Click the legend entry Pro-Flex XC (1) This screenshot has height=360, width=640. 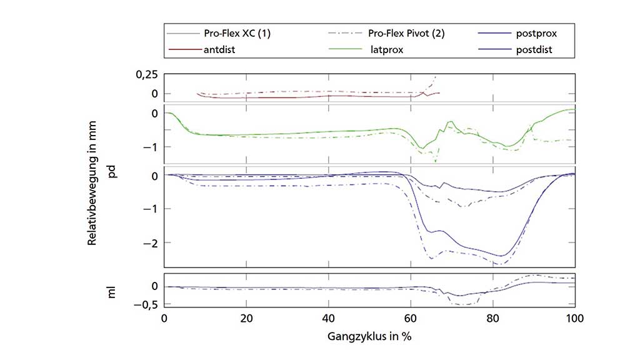[238, 34]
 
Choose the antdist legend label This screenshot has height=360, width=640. [221, 49]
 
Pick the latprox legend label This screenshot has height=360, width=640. [387, 49]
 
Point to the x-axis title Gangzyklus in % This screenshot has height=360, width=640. [369, 336]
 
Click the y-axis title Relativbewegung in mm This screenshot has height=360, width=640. [92, 187]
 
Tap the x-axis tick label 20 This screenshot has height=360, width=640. [247, 317]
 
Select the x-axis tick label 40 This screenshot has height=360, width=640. [329, 317]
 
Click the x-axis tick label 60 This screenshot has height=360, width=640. [411, 317]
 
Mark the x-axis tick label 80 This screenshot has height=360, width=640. [493, 317]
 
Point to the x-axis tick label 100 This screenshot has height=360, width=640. [574, 317]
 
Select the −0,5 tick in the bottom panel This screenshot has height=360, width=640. [144, 304]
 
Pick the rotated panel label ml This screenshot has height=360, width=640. [112, 291]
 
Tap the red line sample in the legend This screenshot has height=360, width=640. [181, 49]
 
